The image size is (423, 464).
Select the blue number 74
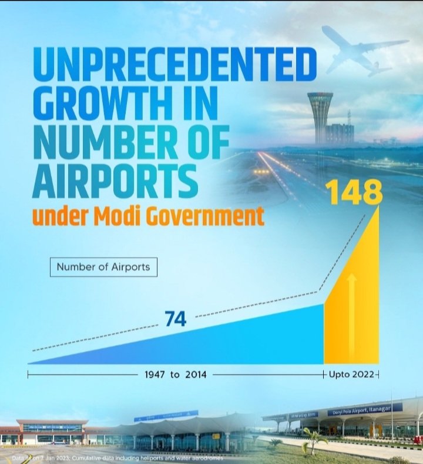coord(175,319)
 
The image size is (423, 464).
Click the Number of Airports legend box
coord(103,267)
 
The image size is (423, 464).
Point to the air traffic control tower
coord(320,115)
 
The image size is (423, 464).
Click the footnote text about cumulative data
coord(117,457)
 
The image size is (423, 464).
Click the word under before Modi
coord(59,217)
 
